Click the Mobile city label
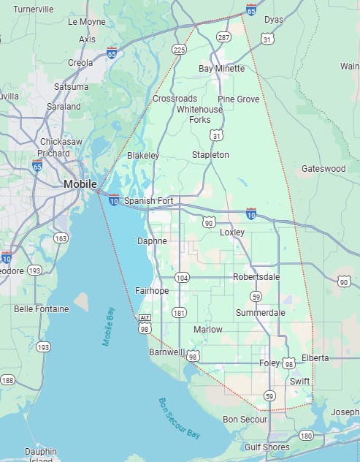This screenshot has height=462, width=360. tap(80, 183)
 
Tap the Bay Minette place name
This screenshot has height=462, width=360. tap(221, 69)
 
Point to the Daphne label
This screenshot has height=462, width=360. tap(152, 241)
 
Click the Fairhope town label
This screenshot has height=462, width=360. tap(152, 290)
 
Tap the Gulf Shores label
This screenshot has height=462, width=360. tap(267, 447)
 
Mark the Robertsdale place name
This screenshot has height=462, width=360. tap(256, 277)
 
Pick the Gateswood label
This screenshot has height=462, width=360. tap(323, 169)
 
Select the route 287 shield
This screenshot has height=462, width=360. tap(223, 37)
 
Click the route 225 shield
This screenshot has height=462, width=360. tap(178, 50)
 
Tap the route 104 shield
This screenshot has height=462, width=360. tap(182, 278)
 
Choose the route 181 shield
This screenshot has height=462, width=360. tap(178, 313)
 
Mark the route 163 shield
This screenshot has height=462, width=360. tap(61, 238)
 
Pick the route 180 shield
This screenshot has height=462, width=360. tap(306, 436)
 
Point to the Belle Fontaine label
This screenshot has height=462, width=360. tap(42, 309)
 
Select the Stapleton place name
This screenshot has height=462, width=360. tap(210, 155)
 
